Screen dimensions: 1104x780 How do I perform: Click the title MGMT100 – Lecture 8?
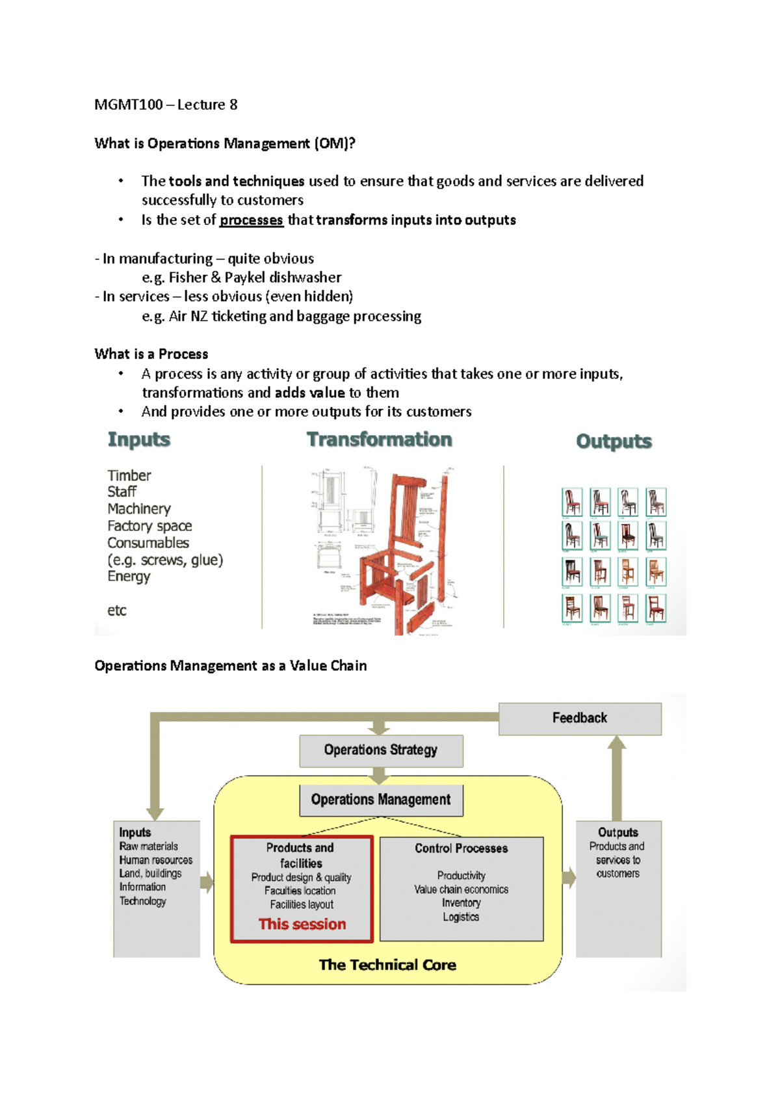click(x=166, y=105)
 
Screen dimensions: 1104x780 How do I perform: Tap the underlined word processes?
click(x=251, y=220)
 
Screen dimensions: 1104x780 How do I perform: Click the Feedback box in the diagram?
click(x=579, y=718)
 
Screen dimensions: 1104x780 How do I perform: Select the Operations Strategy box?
click(x=381, y=750)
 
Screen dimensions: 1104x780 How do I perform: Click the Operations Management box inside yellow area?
click(x=381, y=800)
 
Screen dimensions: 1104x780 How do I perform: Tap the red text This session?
click(x=302, y=924)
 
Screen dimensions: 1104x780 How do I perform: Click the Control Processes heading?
click(x=461, y=848)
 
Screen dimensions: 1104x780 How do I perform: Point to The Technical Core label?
click(x=387, y=965)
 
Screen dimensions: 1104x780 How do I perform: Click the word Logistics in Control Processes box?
click(x=461, y=917)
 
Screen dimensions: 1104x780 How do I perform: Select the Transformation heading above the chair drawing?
click(x=379, y=440)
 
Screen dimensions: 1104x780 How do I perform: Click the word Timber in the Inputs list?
click(x=129, y=475)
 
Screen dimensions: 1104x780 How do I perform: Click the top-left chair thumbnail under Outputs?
click(x=572, y=502)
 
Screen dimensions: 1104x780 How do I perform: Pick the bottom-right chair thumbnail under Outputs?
click(x=656, y=609)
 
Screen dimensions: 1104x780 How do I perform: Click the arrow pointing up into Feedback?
click(x=617, y=777)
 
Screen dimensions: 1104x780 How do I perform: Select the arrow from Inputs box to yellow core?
click(x=207, y=882)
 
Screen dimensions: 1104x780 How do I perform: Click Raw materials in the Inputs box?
click(x=148, y=847)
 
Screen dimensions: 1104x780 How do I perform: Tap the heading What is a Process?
click(x=151, y=354)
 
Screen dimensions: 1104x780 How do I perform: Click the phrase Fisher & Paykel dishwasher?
click(x=255, y=278)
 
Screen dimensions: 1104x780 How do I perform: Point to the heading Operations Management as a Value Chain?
click(x=230, y=666)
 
